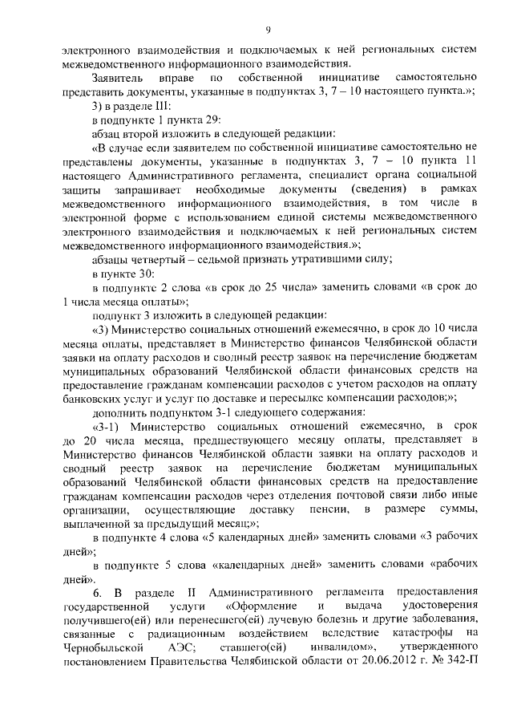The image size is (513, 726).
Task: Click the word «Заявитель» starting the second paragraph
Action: (x=119, y=77)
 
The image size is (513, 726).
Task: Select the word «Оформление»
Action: (x=266, y=606)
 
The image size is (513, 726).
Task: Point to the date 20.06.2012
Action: (x=384, y=662)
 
